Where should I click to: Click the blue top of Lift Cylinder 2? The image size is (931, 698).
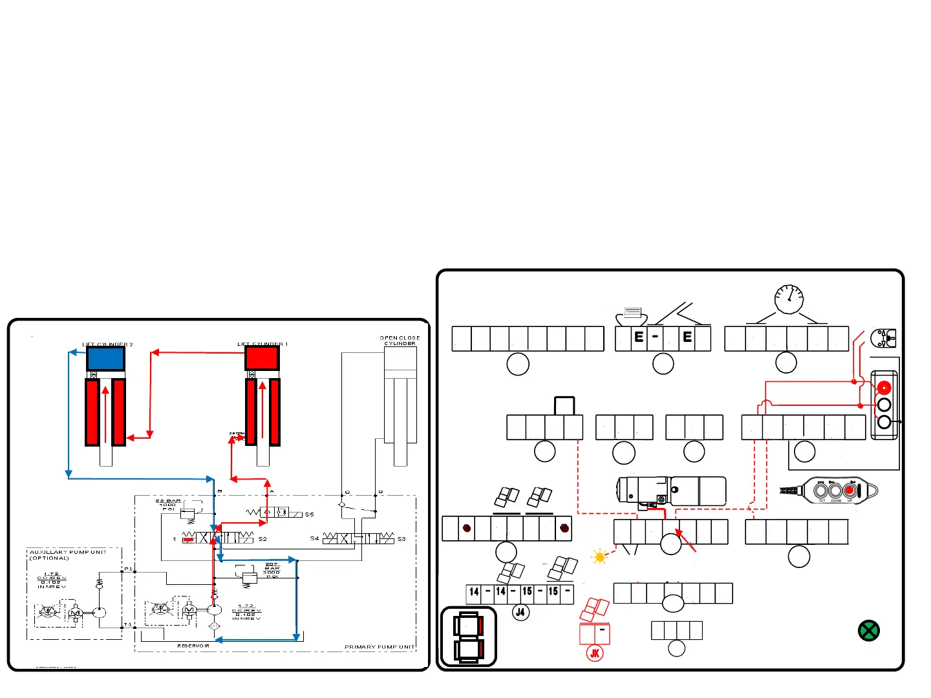[105, 359]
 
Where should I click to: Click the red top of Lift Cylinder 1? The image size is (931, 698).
[262, 357]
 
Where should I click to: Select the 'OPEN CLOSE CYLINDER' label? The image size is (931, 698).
[400, 341]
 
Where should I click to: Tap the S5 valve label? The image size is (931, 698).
[309, 514]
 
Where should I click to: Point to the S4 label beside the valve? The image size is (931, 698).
[314, 538]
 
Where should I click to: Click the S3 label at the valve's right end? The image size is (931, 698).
[401, 538]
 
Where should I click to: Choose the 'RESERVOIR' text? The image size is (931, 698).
[193, 646]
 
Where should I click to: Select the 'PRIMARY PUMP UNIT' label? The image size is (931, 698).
[379, 646]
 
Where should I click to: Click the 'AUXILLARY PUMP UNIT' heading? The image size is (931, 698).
[68, 553]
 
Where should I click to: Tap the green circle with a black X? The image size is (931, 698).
[868, 631]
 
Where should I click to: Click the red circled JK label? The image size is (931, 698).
[595, 653]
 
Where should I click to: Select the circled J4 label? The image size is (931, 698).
[520, 612]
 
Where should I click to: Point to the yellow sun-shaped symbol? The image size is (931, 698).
[600, 556]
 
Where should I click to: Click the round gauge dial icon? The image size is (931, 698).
[789, 299]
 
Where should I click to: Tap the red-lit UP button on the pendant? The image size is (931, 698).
[850, 491]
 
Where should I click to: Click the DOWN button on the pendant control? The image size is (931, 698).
[835, 491]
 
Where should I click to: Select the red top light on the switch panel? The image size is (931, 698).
[884, 388]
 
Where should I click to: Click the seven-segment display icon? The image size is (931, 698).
[468, 637]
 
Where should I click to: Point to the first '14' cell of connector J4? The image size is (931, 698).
[475, 592]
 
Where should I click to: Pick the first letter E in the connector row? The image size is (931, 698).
[639, 337]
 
